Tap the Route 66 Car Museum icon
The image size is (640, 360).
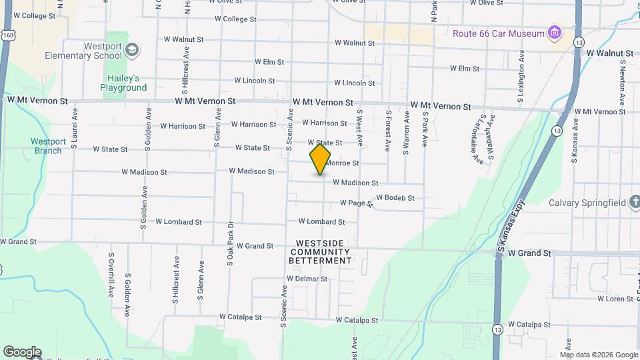(553, 33)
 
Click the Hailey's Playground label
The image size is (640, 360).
(123, 83)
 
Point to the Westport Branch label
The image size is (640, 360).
(48, 146)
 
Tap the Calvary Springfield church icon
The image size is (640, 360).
(633, 203)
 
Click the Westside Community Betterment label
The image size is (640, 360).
(320, 252)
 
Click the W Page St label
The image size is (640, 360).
(355, 203)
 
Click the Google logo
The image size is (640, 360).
(22, 351)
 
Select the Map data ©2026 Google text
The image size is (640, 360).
(599, 355)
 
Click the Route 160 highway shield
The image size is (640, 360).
(5, 33)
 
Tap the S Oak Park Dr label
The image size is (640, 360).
(229, 244)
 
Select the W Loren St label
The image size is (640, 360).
(615, 299)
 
